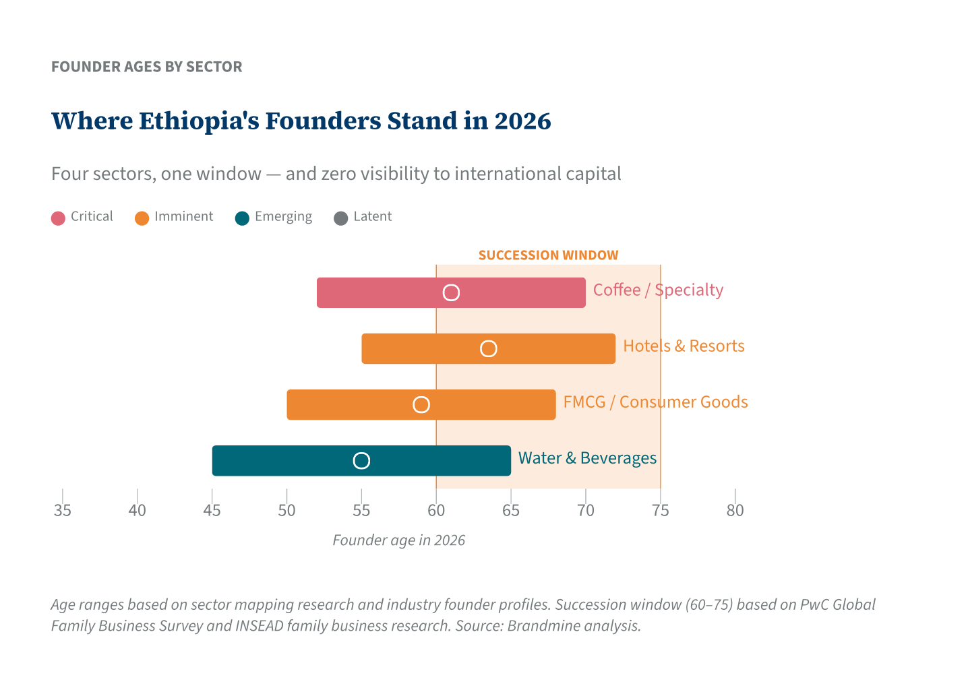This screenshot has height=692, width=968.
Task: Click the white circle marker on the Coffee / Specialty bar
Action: pyautogui.click(x=451, y=292)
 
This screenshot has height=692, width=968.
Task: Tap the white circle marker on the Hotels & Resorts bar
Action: pyautogui.click(x=488, y=348)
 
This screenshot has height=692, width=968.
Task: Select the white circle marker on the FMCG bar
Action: pyautogui.click(x=421, y=404)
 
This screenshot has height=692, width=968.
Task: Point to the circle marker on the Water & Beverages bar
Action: pyautogui.click(x=361, y=461)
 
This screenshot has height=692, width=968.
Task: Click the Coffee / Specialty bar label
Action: pyautogui.click(x=658, y=290)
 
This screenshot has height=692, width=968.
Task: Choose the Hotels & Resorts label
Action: pyautogui.click(x=684, y=346)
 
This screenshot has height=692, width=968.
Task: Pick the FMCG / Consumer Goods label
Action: pyautogui.click(x=655, y=402)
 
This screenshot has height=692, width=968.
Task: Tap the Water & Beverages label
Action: pyautogui.click(x=587, y=458)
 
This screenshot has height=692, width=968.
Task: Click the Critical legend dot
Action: pyautogui.click(x=59, y=218)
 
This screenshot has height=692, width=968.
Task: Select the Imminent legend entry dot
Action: pyautogui.click(x=142, y=218)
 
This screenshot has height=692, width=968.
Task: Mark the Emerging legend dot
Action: pyautogui.click(x=242, y=218)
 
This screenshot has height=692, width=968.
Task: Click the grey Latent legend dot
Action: pyautogui.click(x=341, y=218)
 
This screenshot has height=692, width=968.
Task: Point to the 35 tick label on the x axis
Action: pyautogui.click(x=63, y=511)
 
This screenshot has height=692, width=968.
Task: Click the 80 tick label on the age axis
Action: pyautogui.click(x=735, y=511)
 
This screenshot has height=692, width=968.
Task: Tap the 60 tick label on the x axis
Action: pyautogui.click(x=436, y=511)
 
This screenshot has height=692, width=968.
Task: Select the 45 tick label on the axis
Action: pyautogui.click(x=212, y=511)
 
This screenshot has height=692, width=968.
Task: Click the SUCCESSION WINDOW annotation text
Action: pyautogui.click(x=548, y=255)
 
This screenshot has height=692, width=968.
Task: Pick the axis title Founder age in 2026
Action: pyautogui.click(x=398, y=540)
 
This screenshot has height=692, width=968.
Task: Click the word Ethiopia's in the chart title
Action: pyautogui.click(x=198, y=121)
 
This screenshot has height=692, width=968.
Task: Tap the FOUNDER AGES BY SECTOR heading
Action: pyautogui.click(x=147, y=67)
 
